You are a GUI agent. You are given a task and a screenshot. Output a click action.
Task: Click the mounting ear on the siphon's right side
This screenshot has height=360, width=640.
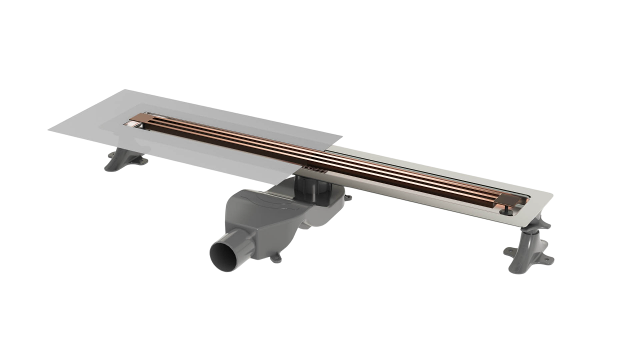[x=347, y=197]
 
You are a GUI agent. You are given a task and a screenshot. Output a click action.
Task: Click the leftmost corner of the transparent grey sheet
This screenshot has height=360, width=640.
[x=49, y=129]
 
